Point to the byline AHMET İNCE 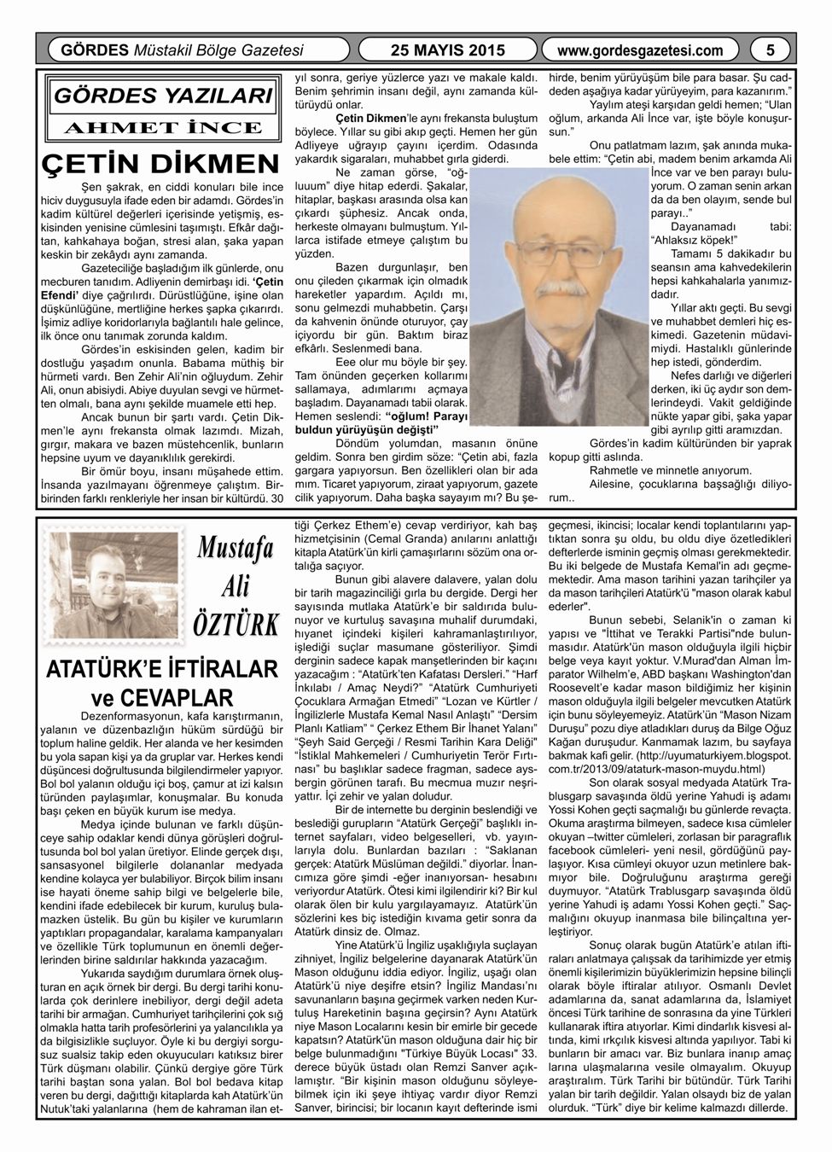(163, 128)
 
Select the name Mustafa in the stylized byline (234, 551)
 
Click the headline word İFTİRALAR (217, 666)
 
